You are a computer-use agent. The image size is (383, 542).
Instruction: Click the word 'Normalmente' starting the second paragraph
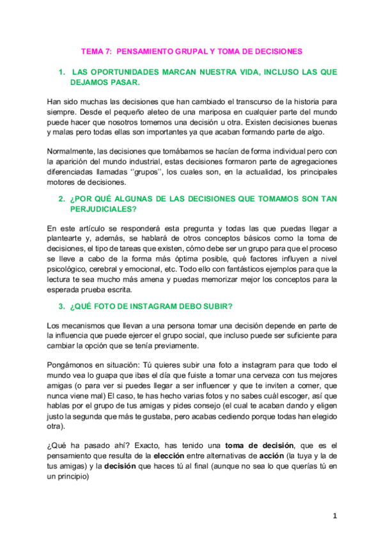[71, 151]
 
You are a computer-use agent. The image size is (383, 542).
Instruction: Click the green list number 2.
[61, 199]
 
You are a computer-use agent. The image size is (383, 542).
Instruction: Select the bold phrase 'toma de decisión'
[259, 444]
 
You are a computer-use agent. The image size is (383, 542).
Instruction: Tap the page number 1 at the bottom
[334, 515]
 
